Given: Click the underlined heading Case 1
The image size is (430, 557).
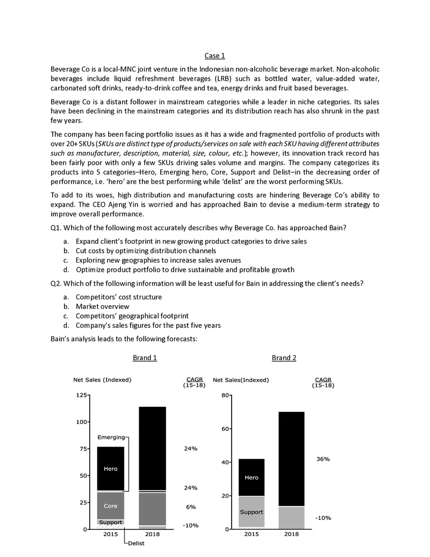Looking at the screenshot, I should (215, 56).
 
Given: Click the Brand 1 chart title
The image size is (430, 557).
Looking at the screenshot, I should (145, 357).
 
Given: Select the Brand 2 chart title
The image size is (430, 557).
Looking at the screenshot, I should (284, 357).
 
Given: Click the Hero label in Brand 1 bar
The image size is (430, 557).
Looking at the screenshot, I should (110, 469).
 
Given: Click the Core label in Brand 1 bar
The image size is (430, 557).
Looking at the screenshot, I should (110, 506).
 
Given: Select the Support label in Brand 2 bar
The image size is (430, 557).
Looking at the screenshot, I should (251, 512).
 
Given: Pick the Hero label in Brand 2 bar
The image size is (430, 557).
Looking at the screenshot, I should (251, 477).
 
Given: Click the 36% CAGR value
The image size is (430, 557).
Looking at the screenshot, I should (323, 459).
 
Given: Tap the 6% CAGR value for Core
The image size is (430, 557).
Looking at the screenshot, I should (190, 507).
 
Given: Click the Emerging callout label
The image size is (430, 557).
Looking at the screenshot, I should (111, 437).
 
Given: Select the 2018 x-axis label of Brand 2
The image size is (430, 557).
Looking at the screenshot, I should (291, 534).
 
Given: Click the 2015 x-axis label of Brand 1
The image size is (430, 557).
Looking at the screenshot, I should (110, 534).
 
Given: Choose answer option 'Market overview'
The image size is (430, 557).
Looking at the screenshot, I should (102, 306).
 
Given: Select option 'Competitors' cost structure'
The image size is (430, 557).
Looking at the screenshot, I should (118, 297).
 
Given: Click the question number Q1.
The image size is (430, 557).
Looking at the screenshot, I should (56, 227).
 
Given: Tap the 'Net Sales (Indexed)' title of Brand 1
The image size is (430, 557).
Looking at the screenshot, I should (102, 379).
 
